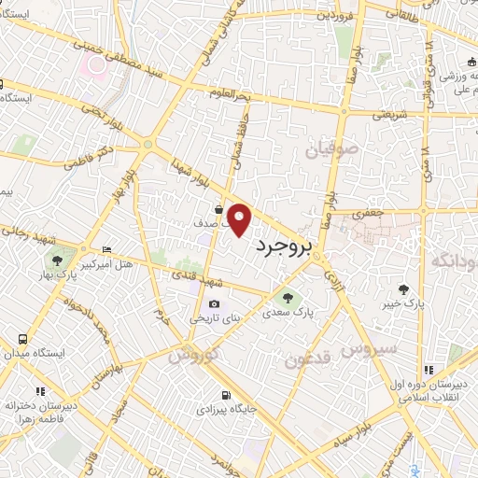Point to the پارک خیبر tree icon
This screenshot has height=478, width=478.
(403, 289)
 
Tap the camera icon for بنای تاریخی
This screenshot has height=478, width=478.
(216, 303)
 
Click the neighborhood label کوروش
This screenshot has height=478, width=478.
(194, 355)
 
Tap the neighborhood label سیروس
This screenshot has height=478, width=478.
(369, 349)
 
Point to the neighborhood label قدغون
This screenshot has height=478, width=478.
(308, 358)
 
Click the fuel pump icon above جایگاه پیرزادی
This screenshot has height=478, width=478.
(225, 394)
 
